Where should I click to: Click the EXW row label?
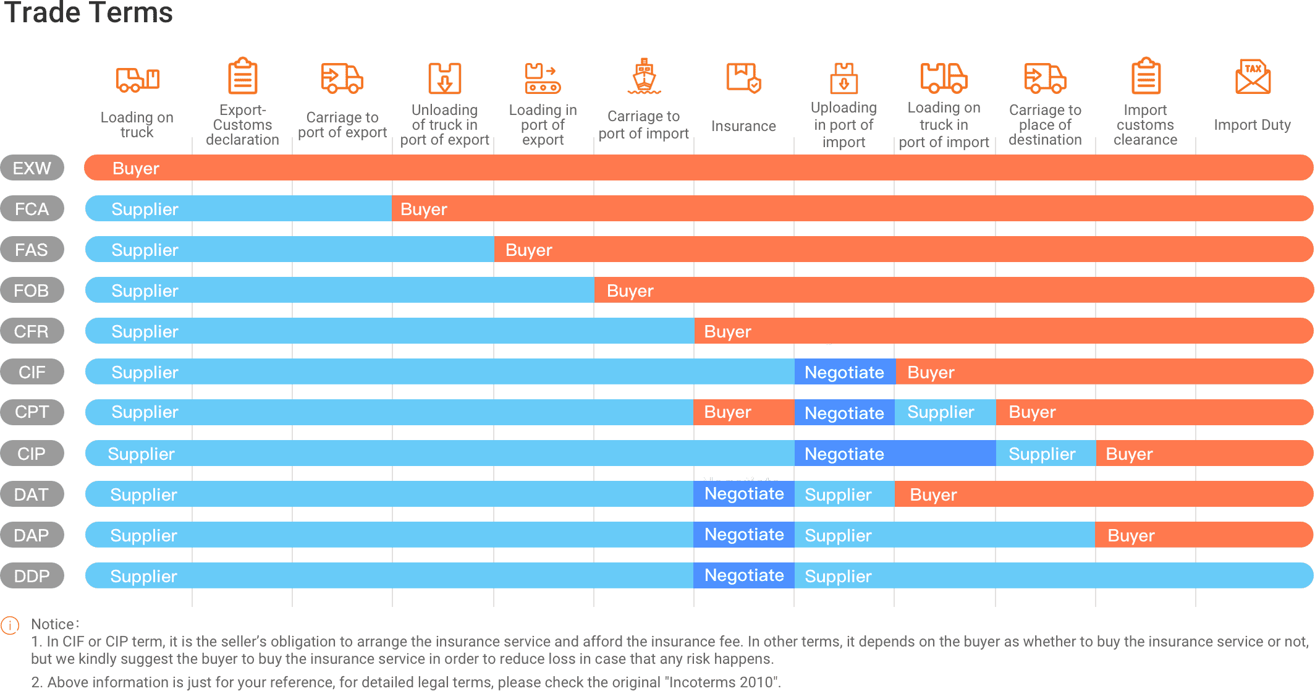point(32,168)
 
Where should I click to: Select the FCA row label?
point(32,209)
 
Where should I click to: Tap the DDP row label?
point(32,576)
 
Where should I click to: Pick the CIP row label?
point(32,454)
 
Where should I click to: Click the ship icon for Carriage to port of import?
point(644,77)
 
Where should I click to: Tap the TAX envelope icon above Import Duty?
point(1253,77)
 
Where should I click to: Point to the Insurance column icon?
point(743,78)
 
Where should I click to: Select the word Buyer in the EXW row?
point(136,168)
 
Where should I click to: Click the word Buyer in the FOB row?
point(630,290)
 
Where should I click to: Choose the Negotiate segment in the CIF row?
point(844,372)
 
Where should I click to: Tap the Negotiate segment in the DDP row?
point(744,575)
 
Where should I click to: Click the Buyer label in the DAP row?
point(1131,535)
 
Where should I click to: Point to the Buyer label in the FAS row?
point(528,250)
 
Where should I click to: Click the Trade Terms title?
point(88,13)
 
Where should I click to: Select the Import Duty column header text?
point(1252,125)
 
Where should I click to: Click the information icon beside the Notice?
point(10,625)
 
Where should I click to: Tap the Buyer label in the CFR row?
point(727,331)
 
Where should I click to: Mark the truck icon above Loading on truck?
point(137,79)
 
